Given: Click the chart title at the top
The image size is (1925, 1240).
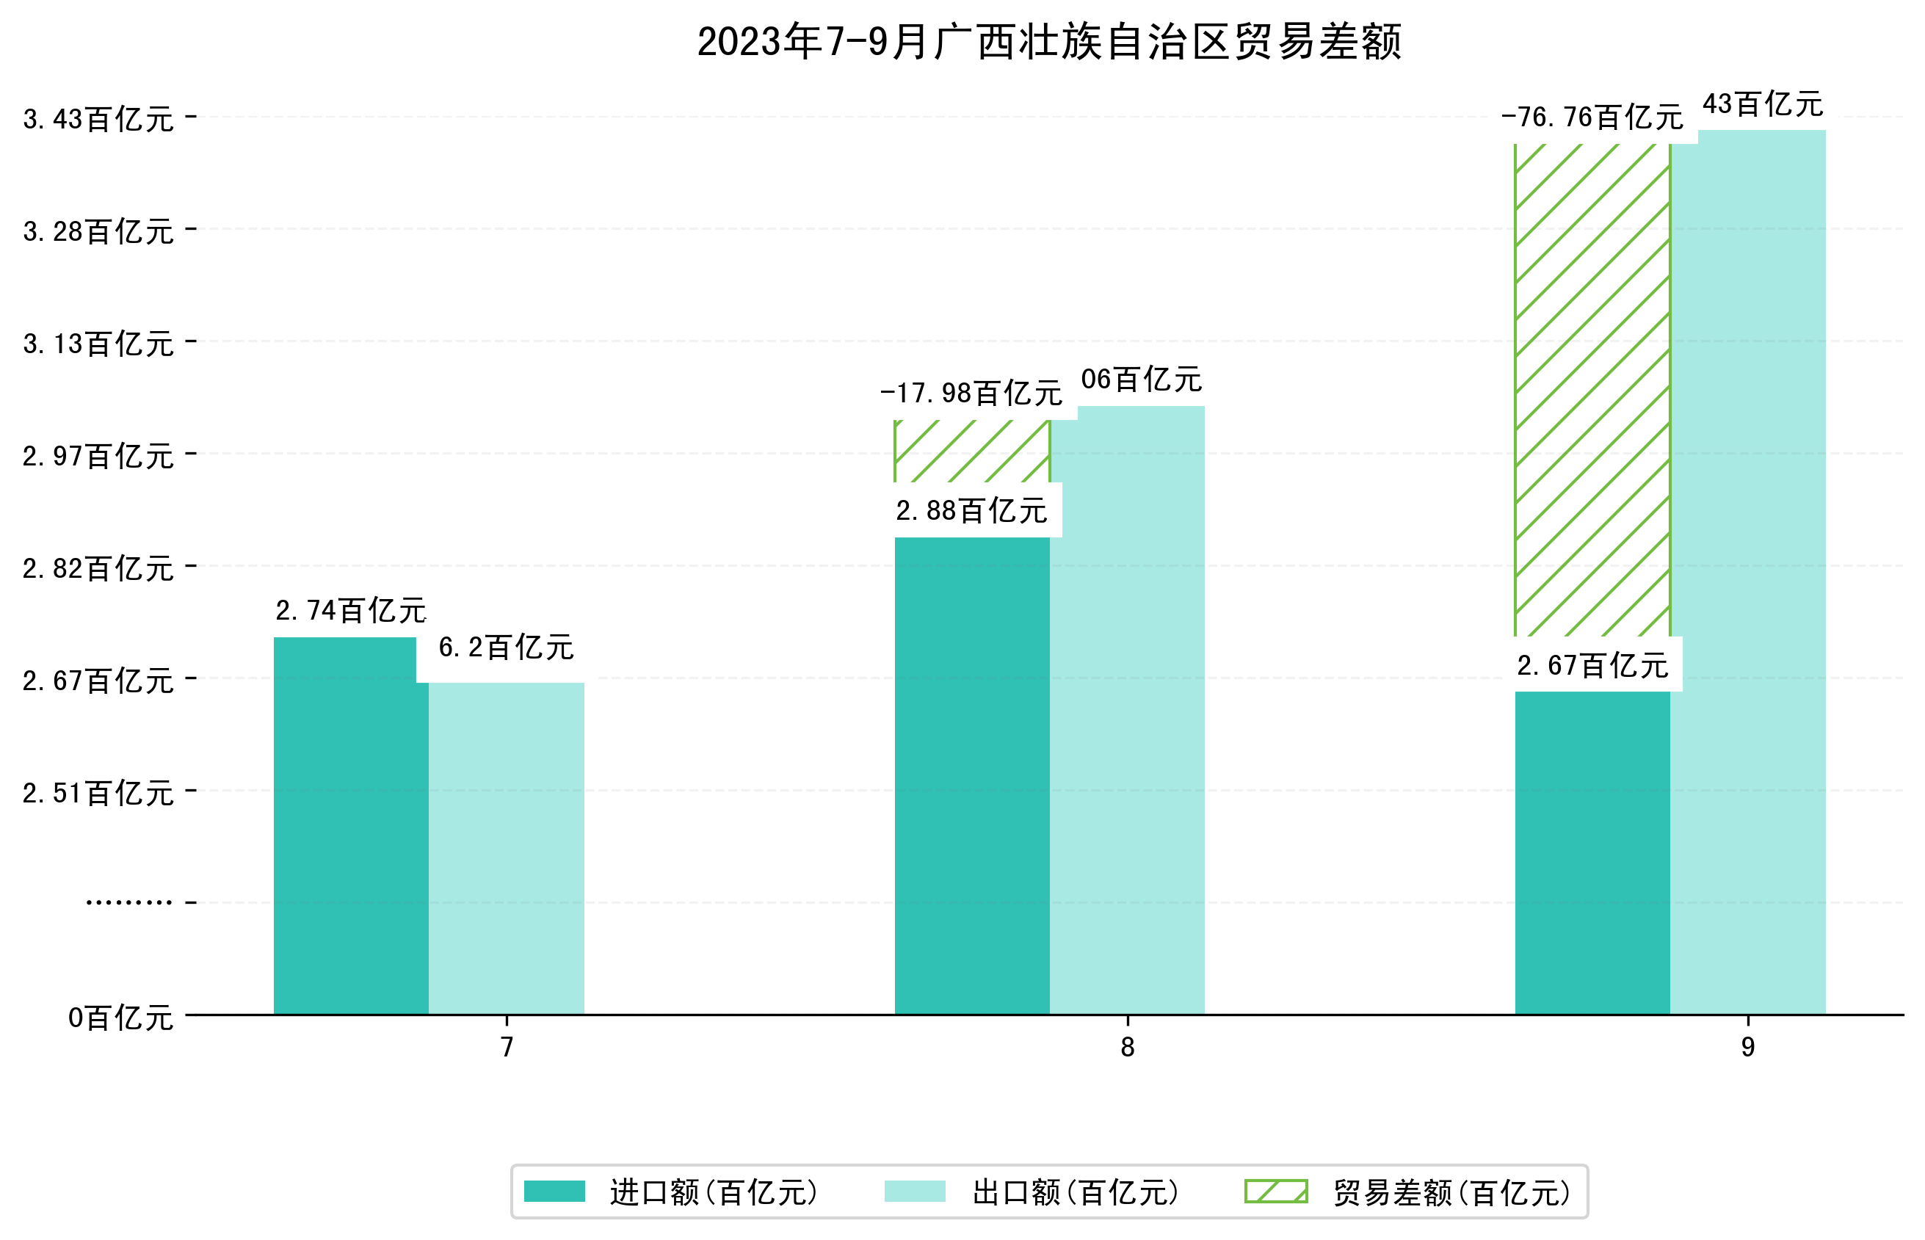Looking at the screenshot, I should (1048, 42).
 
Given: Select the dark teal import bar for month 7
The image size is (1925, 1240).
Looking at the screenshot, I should (350, 825).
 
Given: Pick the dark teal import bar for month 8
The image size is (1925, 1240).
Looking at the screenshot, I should (971, 775).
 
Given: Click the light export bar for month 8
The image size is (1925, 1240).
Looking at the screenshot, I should (1126, 709).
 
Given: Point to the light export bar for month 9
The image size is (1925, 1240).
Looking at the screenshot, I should (1747, 572).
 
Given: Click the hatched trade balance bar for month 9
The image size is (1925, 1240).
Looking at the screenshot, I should (1592, 391).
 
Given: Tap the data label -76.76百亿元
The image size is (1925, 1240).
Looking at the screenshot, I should (1592, 117).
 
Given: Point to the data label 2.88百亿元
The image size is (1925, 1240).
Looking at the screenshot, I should (971, 510).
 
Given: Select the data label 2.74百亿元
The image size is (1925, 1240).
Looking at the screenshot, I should (350, 610).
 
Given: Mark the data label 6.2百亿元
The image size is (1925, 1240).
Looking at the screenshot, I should (506, 648).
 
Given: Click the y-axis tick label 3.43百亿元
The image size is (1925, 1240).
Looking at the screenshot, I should (98, 119).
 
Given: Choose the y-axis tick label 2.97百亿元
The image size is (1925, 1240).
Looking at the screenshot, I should (98, 457).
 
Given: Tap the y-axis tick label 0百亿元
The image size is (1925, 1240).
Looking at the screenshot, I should (120, 1018).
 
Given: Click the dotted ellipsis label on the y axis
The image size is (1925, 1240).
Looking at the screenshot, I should (128, 902).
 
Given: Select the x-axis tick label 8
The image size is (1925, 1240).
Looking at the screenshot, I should (1126, 1048).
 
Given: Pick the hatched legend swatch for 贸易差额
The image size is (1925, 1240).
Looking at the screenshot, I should (1275, 1192).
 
